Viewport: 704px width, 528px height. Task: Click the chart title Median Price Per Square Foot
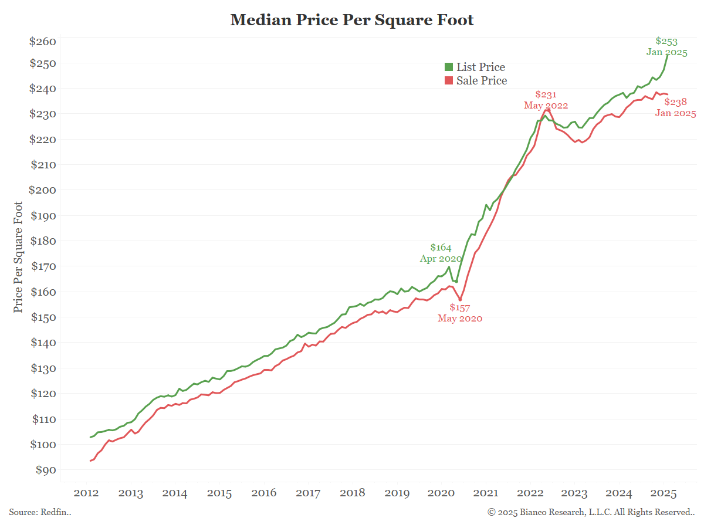[352, 20]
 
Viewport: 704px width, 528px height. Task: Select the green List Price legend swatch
[449, 67]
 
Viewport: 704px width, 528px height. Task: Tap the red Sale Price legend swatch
[449, 81]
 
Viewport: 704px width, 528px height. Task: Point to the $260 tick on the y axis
[42, 42]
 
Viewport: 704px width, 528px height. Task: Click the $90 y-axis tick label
[45, 470]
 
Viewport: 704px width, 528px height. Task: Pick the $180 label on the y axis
[42, 241]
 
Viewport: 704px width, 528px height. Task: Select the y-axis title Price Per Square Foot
[19, 257]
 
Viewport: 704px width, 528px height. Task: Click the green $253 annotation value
[666, 42]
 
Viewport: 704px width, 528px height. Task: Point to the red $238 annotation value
[675, 102]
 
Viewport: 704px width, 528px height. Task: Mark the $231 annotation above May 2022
[546, 94]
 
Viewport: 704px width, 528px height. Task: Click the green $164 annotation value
[441, 248]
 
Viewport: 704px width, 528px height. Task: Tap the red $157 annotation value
[460, 307]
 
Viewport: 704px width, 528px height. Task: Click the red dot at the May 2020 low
[460, 300]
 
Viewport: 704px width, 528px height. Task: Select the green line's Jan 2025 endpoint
[668, 55]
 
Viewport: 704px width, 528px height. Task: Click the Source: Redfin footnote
[40, 512]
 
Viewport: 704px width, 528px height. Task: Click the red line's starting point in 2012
[90, 461]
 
